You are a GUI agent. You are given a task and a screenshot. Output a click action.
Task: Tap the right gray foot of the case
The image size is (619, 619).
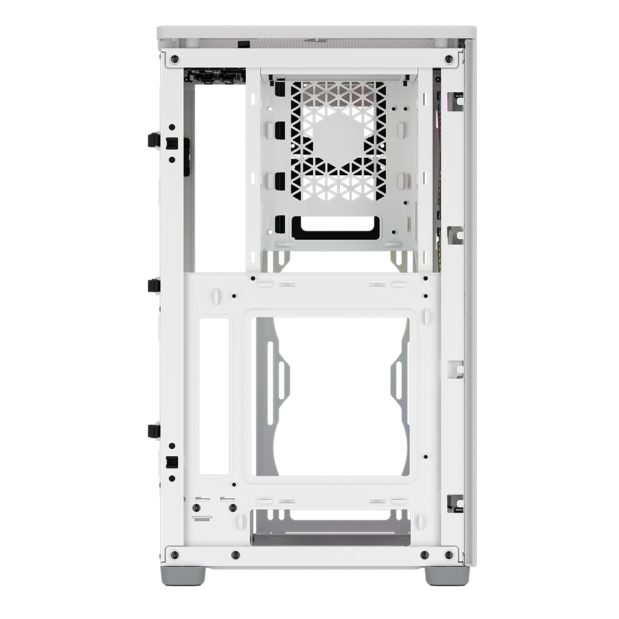447,575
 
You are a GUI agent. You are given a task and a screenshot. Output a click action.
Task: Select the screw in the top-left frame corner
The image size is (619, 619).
175,59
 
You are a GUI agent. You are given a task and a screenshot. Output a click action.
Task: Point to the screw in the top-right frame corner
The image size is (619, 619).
449,59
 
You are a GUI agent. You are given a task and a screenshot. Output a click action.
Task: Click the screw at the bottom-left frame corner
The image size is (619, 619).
175,554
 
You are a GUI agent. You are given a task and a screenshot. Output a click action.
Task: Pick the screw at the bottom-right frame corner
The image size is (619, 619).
449,554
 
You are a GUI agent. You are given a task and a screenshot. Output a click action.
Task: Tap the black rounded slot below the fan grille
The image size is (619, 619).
335,227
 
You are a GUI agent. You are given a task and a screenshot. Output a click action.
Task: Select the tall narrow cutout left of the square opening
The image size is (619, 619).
214,396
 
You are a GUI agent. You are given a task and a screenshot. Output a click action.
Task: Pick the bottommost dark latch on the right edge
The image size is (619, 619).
455,503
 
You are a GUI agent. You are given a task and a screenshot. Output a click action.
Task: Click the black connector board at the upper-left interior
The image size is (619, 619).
214,76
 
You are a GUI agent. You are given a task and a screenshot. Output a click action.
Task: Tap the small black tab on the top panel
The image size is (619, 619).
245,43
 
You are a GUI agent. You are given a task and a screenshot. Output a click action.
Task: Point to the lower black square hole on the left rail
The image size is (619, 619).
172,462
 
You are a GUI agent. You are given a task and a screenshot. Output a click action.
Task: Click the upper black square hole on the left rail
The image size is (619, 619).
172,144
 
